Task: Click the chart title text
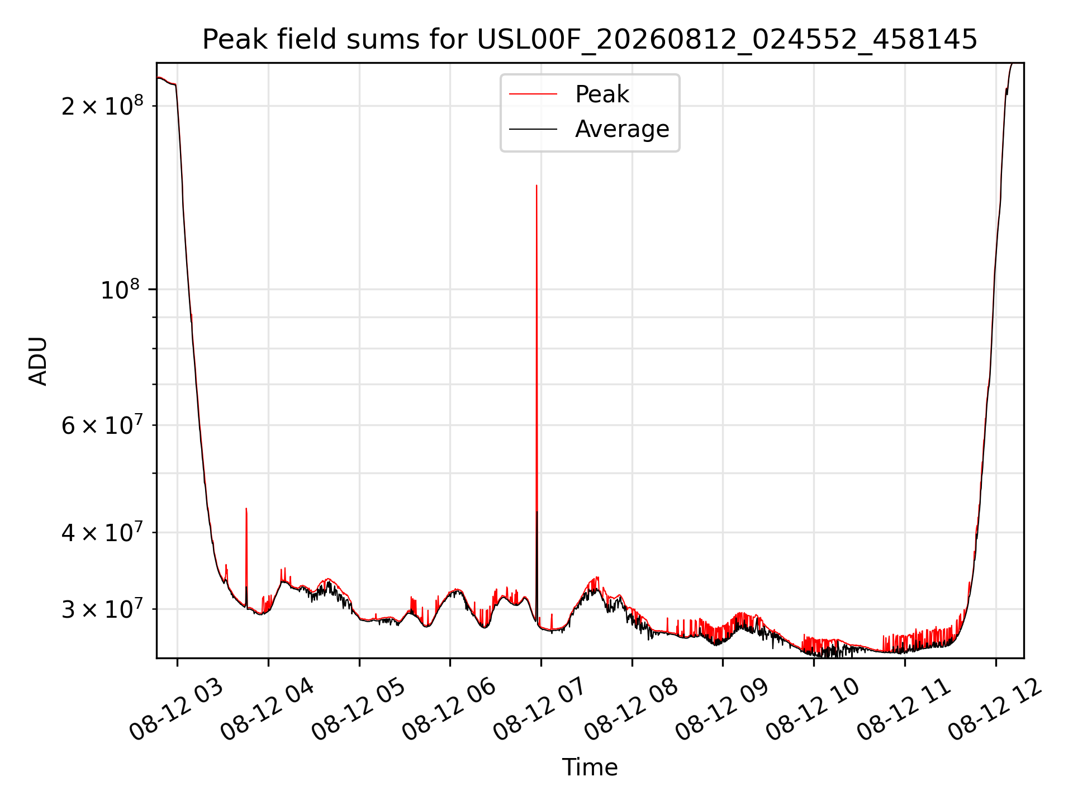(x=590, y=40)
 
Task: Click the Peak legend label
(x=602, y=94)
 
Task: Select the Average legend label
(x=622, y=129)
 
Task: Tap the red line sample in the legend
(x=533, y=94)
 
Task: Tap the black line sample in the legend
(x=533, y=129)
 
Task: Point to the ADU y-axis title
(x=38, y=361)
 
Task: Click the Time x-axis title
(x=590, y=768)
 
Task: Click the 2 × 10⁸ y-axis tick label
(x=102, y=106)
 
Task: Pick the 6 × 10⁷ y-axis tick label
(x=102, y=425)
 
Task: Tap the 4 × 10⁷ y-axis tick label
(x=102, y=532)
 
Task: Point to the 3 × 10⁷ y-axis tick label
(x=102, y=609)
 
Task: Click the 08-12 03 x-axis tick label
(x=176, y=710)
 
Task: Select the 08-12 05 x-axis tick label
(x=358, y=710)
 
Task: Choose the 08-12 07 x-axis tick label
(x=540, y=710)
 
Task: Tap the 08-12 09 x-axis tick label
(x=722, y=710)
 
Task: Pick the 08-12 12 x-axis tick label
(x=995, y=710)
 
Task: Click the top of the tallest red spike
(x=536, y=185)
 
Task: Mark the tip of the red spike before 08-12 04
(x=246, y=508)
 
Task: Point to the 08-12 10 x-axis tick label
(x=813, y=710)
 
